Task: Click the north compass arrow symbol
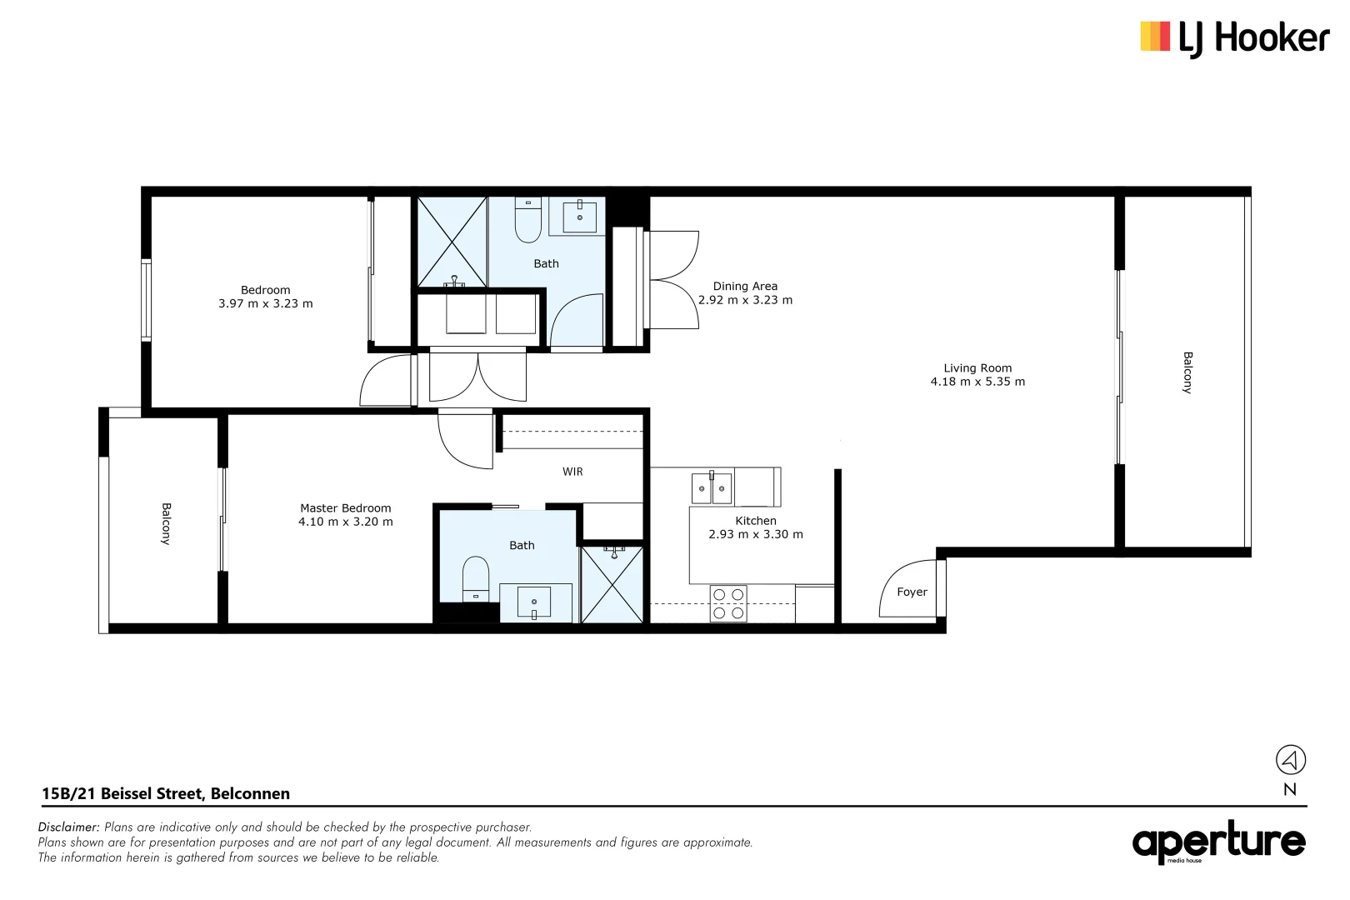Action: (1290, 759)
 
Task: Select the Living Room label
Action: (977, 367)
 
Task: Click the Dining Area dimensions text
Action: (745, 300)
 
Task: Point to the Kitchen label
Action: (755, 520)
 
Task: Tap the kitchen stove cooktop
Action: (728, 603)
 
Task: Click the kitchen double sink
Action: (712, 488)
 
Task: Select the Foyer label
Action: (912, 592)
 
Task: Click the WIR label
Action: (572, 472)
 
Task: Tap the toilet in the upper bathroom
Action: (528, 220)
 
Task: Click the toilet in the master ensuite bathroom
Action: (476, 577)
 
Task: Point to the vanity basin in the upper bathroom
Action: (579, 215)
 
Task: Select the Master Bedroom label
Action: (345, 507)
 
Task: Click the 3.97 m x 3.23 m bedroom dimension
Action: (265, 303)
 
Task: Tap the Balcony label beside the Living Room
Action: (1187, 372)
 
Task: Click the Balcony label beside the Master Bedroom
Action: (166, 523)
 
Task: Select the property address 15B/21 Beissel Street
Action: (166, 793)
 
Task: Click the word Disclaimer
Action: (68, 827)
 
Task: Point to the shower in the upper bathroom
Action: (452, 242)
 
